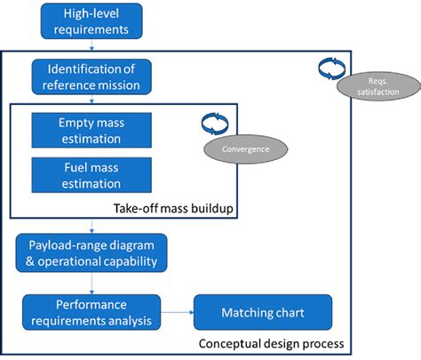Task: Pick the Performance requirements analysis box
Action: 91,312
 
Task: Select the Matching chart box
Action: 263,313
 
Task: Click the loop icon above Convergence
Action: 210,123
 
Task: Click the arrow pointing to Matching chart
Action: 177,313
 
